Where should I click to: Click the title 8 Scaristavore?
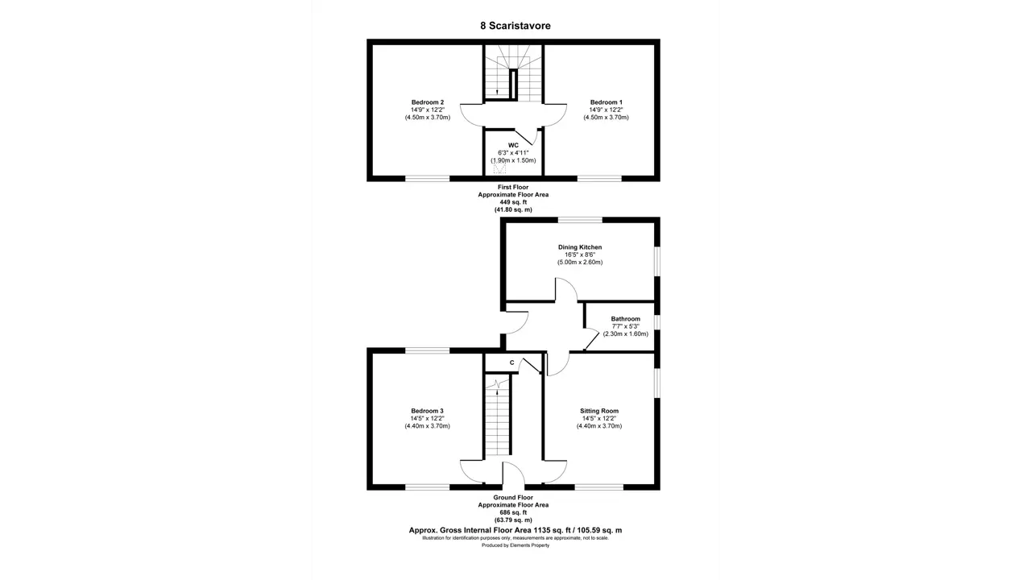pyautogui.click(x=515, y=26)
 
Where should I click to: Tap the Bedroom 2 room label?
pyautogui.click(x=428, y=102)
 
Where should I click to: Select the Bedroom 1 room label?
pyautogui.click(x=607, y=102)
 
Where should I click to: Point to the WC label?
pyautogui.click(x=513, y=146)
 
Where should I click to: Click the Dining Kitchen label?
pyautogui.click(x=580, y=247)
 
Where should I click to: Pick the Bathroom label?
pyautogui.click(x=626, y=319)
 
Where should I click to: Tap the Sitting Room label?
pyautogui.click(x=599, y=411)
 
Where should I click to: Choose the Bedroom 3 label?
pyautogui.click(x=427, y=411)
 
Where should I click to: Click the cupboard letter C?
pyautogui.click(x=511, y=362)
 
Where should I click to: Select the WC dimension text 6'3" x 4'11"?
pyautogui.click(x=513, y=153)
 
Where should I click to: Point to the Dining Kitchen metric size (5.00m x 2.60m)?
pyautogui.click(x=580, y=263)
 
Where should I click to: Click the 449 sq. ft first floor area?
pyautogui.click(x=513, y=202)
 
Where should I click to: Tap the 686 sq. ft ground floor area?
pyautogui.click(x=513, y=512)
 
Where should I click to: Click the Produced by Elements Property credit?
pyautogui.click(x=515, y=545)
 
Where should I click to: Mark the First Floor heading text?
pyautogui.click(x=513, y=188)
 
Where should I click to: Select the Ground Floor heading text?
pyautogui.click(x=513, y=498)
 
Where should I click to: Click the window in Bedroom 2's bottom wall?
pyautogui.click(x=428, y=178)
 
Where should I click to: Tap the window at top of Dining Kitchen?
pyautogui.click(x=580, y=220)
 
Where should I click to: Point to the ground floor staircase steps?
pyautogui.click(x=498, y=416)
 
